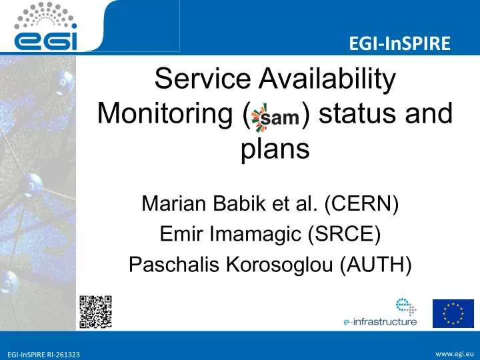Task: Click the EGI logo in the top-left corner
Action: [x=45, y=26]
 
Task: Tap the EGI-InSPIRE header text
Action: [x=399, y=43]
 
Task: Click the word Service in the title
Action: [x=203, y=79]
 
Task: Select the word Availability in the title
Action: [x=327, y=79]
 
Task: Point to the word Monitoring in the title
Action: [x=165, y=114]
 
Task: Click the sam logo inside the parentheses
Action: [x=275, y=117]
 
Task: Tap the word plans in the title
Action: [x=275, y=150]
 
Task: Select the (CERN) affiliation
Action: [x=361, y=203]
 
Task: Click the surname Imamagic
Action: [x=255, y=233]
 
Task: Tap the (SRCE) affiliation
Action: [x=344, y=234]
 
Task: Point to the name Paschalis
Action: [x=173, y=264]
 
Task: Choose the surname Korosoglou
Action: [x=279, y=265]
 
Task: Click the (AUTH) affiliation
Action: [x=375, y=265]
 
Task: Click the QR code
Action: [x=95, y=312]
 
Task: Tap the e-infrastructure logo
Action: [x=380, y=312]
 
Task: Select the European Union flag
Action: [x=453, y=313]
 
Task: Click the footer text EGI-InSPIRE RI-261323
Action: [x=43, y=355]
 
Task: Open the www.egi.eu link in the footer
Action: [x=455, y=354]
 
